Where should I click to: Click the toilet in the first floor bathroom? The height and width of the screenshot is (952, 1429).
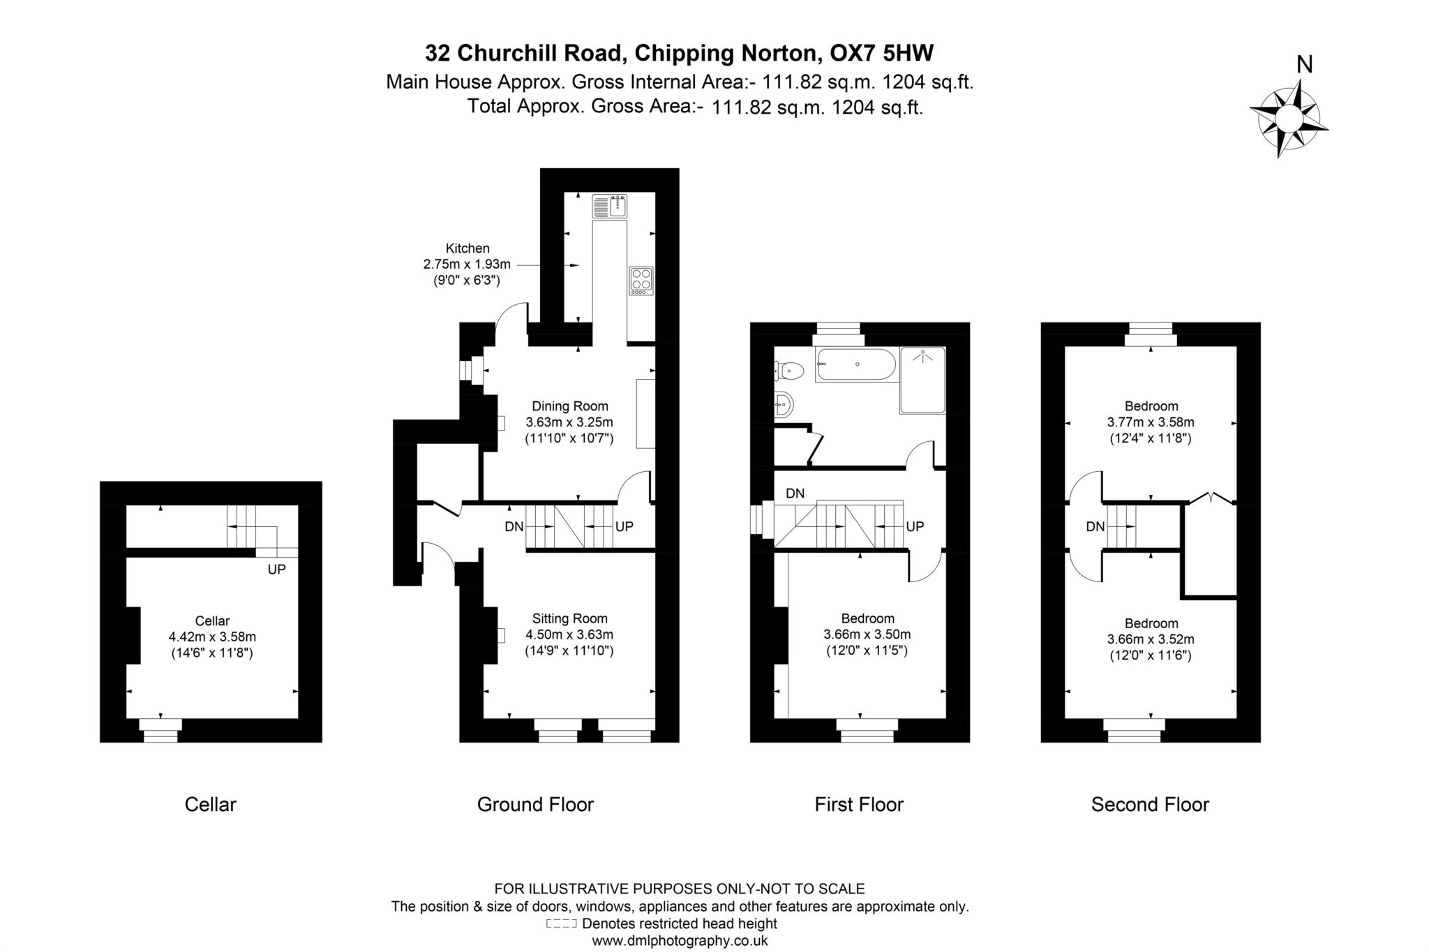point(788,371)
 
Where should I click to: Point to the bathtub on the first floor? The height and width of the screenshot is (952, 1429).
point(856,365)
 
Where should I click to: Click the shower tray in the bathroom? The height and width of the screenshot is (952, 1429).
point(922,380)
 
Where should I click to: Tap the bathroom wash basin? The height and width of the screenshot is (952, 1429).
point(784,404)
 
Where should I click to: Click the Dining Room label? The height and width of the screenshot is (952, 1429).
point(569,406)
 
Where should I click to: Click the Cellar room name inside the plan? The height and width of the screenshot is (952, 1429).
point(212,621)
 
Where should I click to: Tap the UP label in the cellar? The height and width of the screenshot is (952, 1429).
point(276,570)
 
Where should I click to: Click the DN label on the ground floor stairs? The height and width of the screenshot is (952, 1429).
point(514,527)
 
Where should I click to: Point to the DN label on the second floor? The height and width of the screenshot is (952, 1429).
point(1095,527)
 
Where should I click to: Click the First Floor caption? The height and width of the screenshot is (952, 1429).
point(858,805)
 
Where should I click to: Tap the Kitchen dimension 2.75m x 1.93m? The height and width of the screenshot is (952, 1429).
point(467,265)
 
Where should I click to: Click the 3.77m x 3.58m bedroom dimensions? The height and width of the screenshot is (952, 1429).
point(1150,422)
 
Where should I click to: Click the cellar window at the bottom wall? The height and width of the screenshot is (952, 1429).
point(160,731)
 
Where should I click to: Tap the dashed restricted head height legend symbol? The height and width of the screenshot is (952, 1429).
point(561,923)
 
